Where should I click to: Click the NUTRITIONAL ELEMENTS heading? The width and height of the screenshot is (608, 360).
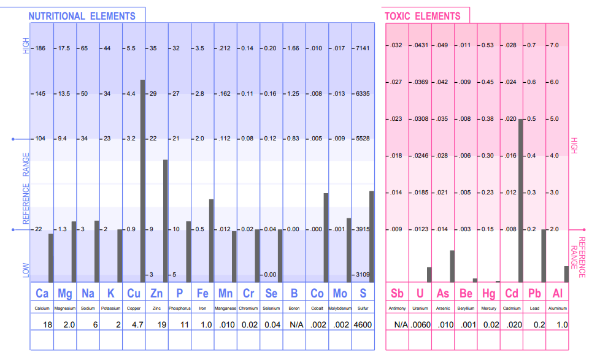tap(82, 16)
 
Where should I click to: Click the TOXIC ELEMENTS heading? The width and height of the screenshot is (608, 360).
tap(422, 16)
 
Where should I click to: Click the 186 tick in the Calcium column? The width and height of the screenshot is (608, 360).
tap(42, 48)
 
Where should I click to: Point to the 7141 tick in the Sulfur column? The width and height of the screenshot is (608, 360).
tap(362, 48)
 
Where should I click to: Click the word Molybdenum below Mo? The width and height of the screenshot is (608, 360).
tap(340, 308)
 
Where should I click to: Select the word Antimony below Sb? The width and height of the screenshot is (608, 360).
tap(397, 308)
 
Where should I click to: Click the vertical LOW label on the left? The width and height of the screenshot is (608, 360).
tap(26, 269)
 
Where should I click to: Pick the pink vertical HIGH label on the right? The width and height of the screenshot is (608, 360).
tap(574, 145)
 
